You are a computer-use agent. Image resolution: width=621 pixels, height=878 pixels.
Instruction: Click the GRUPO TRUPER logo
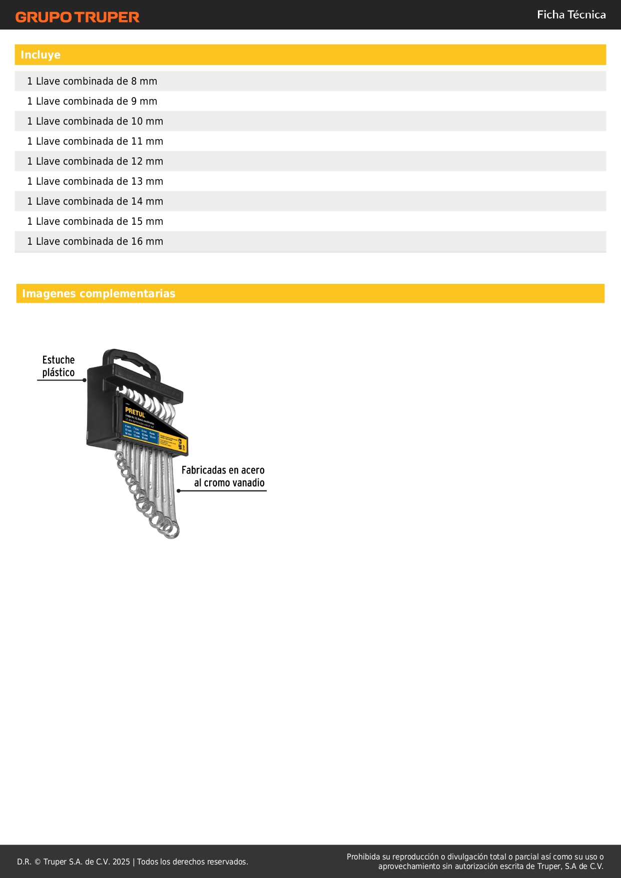[77, 17]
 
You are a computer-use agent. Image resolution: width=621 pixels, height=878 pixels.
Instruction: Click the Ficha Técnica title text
[571, 15]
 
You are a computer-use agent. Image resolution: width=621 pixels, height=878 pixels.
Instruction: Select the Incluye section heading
[41, 55]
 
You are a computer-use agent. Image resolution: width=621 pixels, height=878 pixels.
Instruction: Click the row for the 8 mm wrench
[92, 81]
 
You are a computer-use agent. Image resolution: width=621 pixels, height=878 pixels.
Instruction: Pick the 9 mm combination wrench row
[92, 101]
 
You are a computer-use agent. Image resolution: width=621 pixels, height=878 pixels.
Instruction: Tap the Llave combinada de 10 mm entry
[95, 121]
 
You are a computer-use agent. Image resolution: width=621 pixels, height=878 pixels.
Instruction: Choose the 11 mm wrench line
[95, 141]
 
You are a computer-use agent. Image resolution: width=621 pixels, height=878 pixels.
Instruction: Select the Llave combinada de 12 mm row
[95, 161]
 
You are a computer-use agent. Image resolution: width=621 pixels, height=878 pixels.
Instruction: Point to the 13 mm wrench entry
[95, 181]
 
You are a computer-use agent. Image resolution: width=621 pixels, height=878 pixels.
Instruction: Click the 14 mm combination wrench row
[95, 201]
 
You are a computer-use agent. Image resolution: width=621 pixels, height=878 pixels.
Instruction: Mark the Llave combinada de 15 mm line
[95, 221]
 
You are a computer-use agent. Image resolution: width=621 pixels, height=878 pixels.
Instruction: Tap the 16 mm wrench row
[95, 241]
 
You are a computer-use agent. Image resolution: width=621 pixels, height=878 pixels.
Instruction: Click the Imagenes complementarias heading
[99, 294]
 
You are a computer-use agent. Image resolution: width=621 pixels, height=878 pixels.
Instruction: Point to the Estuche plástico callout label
[58, 366]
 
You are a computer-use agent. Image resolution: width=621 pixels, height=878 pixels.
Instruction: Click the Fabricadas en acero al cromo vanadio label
[223, 476]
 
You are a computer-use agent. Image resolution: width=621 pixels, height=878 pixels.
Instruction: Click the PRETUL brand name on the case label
[135, 412]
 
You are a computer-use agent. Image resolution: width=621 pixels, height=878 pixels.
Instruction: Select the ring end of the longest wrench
[172, 531]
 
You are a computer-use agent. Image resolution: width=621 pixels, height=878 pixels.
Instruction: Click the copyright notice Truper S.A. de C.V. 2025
[133, 861]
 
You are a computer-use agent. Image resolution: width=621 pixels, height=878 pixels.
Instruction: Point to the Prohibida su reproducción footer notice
[475, 861]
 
